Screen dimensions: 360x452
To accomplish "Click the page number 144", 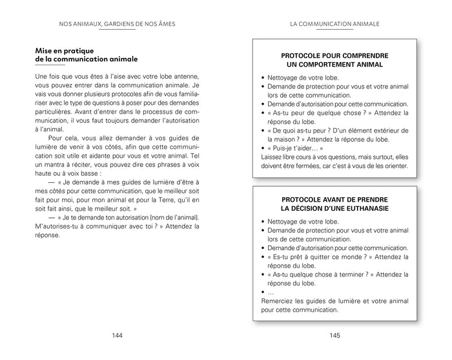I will (117, 335).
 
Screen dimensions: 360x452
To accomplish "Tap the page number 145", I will (334, 335).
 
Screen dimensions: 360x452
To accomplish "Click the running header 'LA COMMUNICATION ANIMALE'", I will (334, 25).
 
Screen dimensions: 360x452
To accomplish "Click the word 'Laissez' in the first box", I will (271, 157).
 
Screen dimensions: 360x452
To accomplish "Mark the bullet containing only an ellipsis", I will (271, 292).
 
